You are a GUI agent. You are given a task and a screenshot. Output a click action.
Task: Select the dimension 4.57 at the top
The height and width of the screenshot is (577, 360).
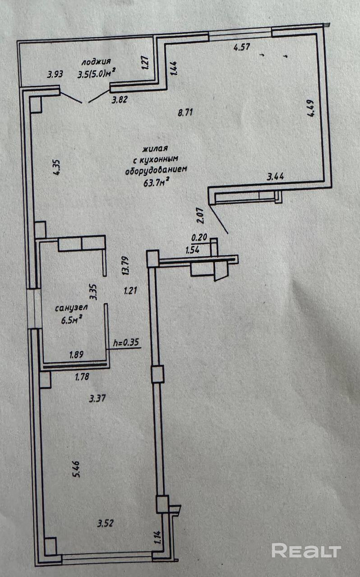click(x=241, y=46)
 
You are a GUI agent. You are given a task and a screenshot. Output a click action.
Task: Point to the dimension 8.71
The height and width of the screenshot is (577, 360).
click(x=185, y=113)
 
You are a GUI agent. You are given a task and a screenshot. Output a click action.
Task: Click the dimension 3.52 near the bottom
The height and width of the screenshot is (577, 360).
click(x=106, y=523)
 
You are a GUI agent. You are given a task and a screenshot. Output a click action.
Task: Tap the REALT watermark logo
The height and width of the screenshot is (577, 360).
click(x=306, y=550)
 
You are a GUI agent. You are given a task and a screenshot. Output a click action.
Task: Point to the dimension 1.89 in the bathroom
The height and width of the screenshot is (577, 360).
click(x=77, y=355)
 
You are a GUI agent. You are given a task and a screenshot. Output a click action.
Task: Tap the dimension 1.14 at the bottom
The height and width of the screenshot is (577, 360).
click(x=158, y=538)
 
